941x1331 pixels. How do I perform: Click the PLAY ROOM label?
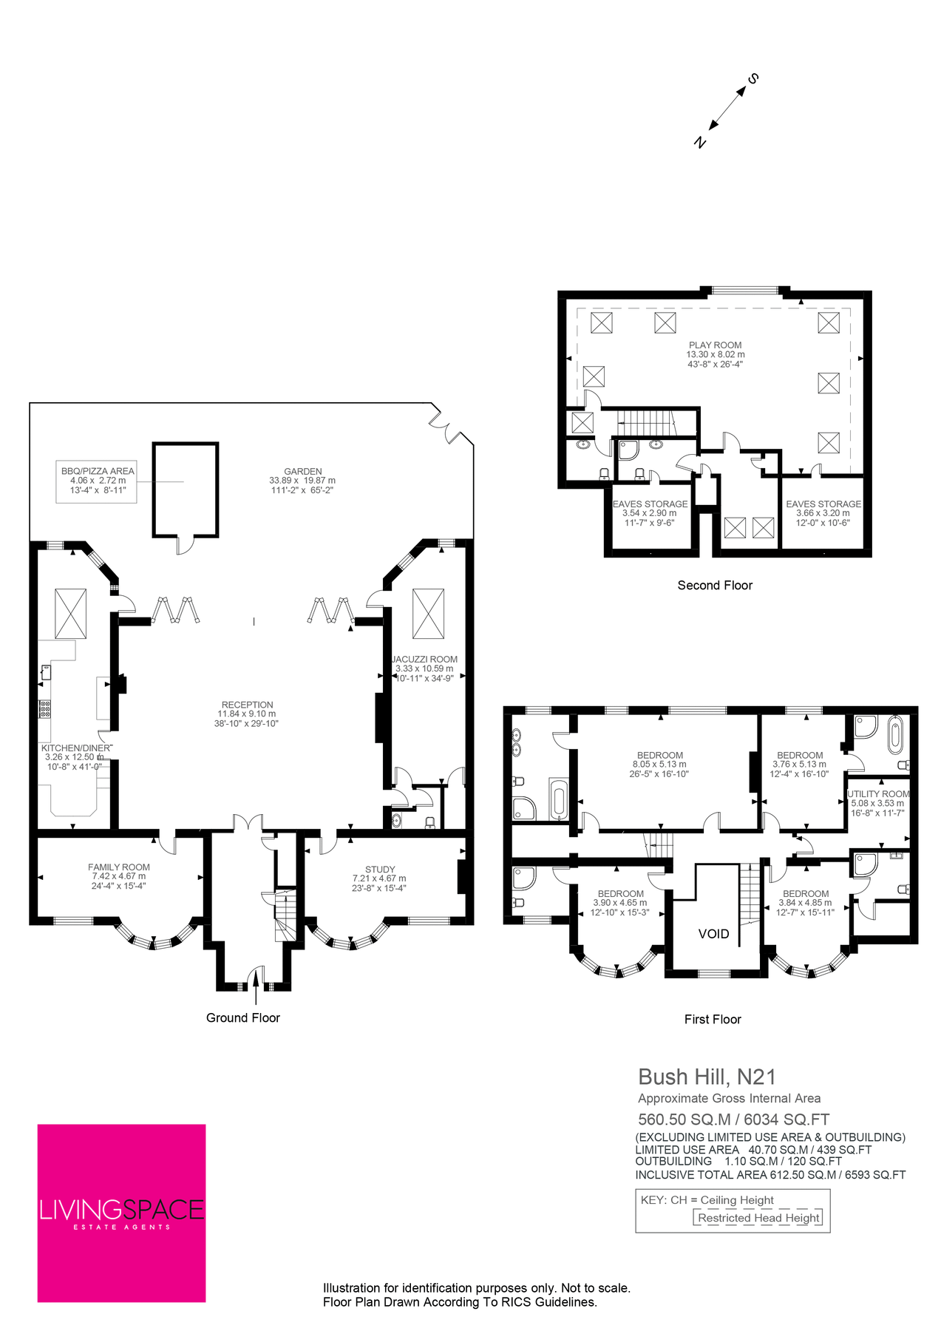[x=715, y=345]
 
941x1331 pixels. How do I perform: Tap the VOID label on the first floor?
[x=713, y=934]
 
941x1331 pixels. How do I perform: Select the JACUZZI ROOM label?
[x=425, y=660]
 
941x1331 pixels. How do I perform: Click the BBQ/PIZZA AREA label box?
[x=97, y=481]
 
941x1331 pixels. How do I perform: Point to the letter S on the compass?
[x=754, y=78]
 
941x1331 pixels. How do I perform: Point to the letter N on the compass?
[x=700, y=143]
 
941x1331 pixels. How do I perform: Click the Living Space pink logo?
[x=121, y=1213]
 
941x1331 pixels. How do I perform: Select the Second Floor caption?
[x=715, y=586]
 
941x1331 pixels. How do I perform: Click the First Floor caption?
[x=713, y=1020]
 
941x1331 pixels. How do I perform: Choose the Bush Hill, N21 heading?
[x=706, y=1077]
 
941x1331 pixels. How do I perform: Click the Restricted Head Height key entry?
[x=758, y=1218]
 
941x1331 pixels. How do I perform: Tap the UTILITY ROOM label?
[x=878, y=794]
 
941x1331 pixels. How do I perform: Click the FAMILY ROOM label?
[x=119, y=867]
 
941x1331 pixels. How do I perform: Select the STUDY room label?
[x=380, y=870]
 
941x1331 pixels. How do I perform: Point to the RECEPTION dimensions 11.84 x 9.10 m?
[x=246, y=714]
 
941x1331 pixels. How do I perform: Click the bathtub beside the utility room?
[x=895, y=734]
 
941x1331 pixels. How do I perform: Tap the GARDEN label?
[x=303, y=471]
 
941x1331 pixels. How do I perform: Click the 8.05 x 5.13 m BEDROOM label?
[x=659, y=765]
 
